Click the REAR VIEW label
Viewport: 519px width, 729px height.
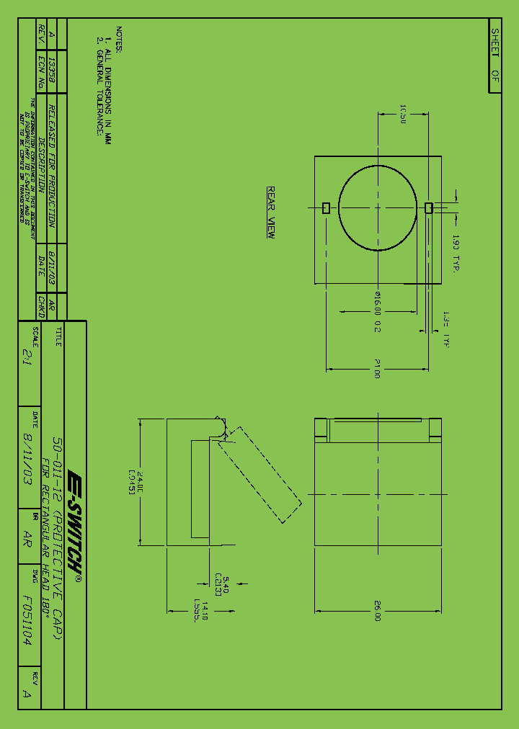click(x=271, y=213)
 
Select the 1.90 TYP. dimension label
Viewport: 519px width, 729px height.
click(x=456, y=252)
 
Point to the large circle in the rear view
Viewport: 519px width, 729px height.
click(x=378, y=208)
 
